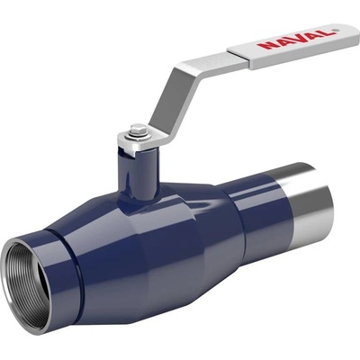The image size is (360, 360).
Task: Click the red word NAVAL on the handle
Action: pyautogui.click(x=296, y=39)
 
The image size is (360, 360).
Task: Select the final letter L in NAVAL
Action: pyautogui.click(x=328, y=32)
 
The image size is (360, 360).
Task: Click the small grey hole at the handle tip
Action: pyautogui.click(x=336, y=30)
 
